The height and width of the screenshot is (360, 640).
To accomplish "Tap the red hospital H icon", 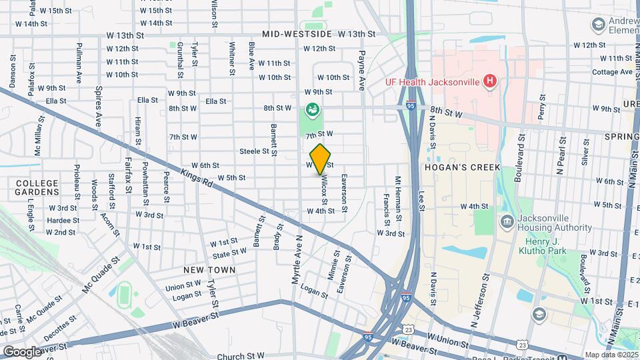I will pos(490,82).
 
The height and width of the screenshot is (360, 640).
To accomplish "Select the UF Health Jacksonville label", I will pos(433,82).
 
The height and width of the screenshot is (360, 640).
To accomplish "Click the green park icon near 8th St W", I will pos(311,109).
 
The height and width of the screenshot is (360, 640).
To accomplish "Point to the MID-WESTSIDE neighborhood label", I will pos(297,33).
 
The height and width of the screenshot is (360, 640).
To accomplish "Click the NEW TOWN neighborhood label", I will pos(210,270).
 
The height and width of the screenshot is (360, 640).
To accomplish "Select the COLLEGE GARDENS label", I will pos(37,187).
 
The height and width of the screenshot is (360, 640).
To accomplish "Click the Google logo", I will pos(21,351).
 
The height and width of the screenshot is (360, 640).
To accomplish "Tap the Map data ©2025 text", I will pos(611,355).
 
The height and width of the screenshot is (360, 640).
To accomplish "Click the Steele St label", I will pos(253,151).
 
